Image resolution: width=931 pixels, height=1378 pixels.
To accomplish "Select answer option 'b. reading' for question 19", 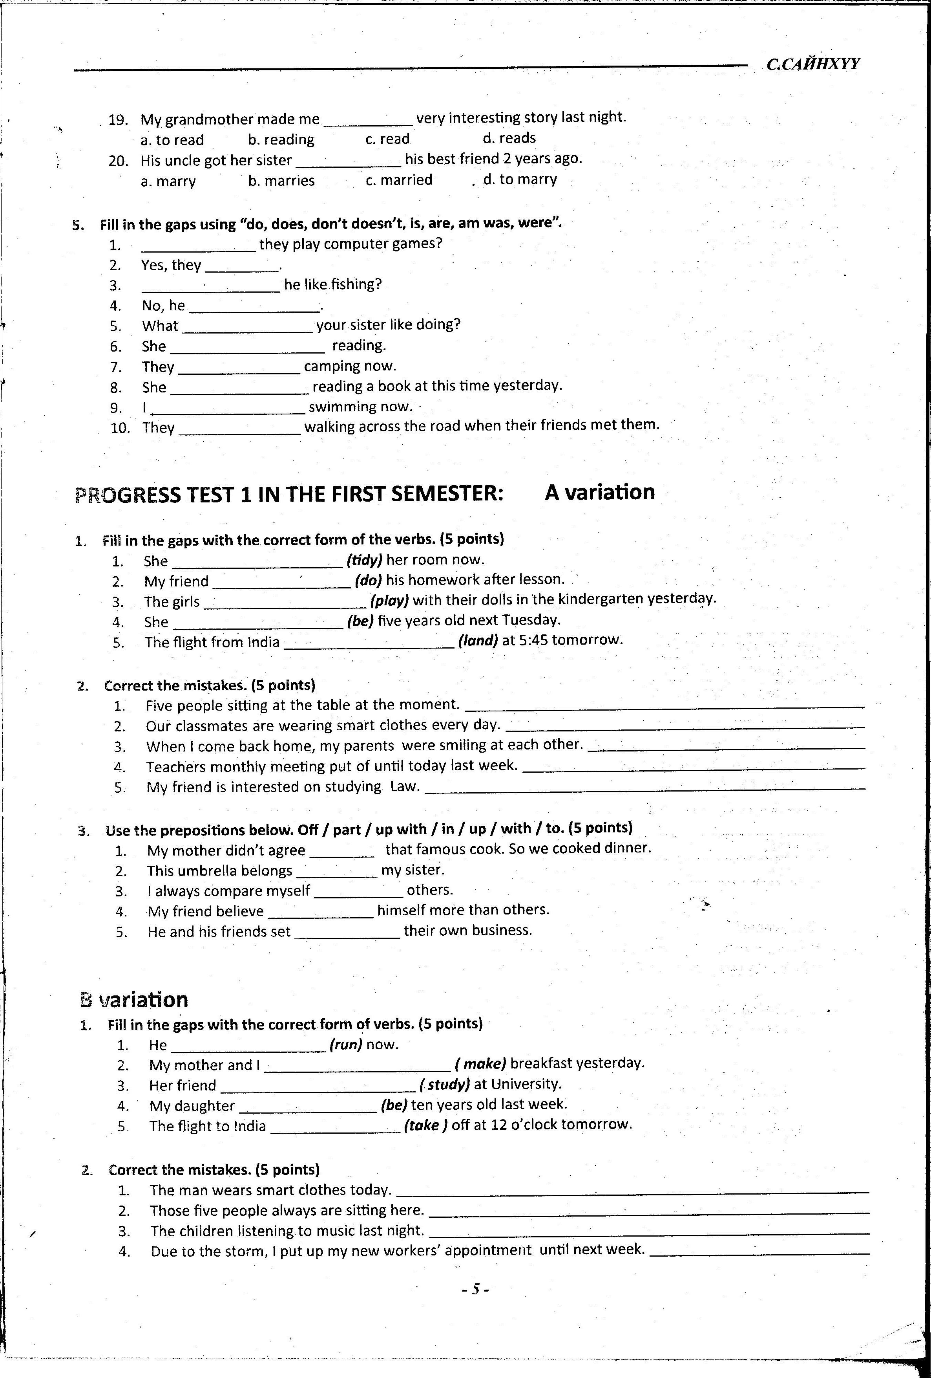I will pyautogui.click(x=281, y=139).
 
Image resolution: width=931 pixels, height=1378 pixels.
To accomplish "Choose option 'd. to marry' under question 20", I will pyautogui.click(x=520, y=179).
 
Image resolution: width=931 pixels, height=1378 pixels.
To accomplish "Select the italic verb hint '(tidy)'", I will pyautogui.click(x=365, y=560).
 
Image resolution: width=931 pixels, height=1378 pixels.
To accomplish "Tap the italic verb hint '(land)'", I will pyautogui.click(x=478, y=640).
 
